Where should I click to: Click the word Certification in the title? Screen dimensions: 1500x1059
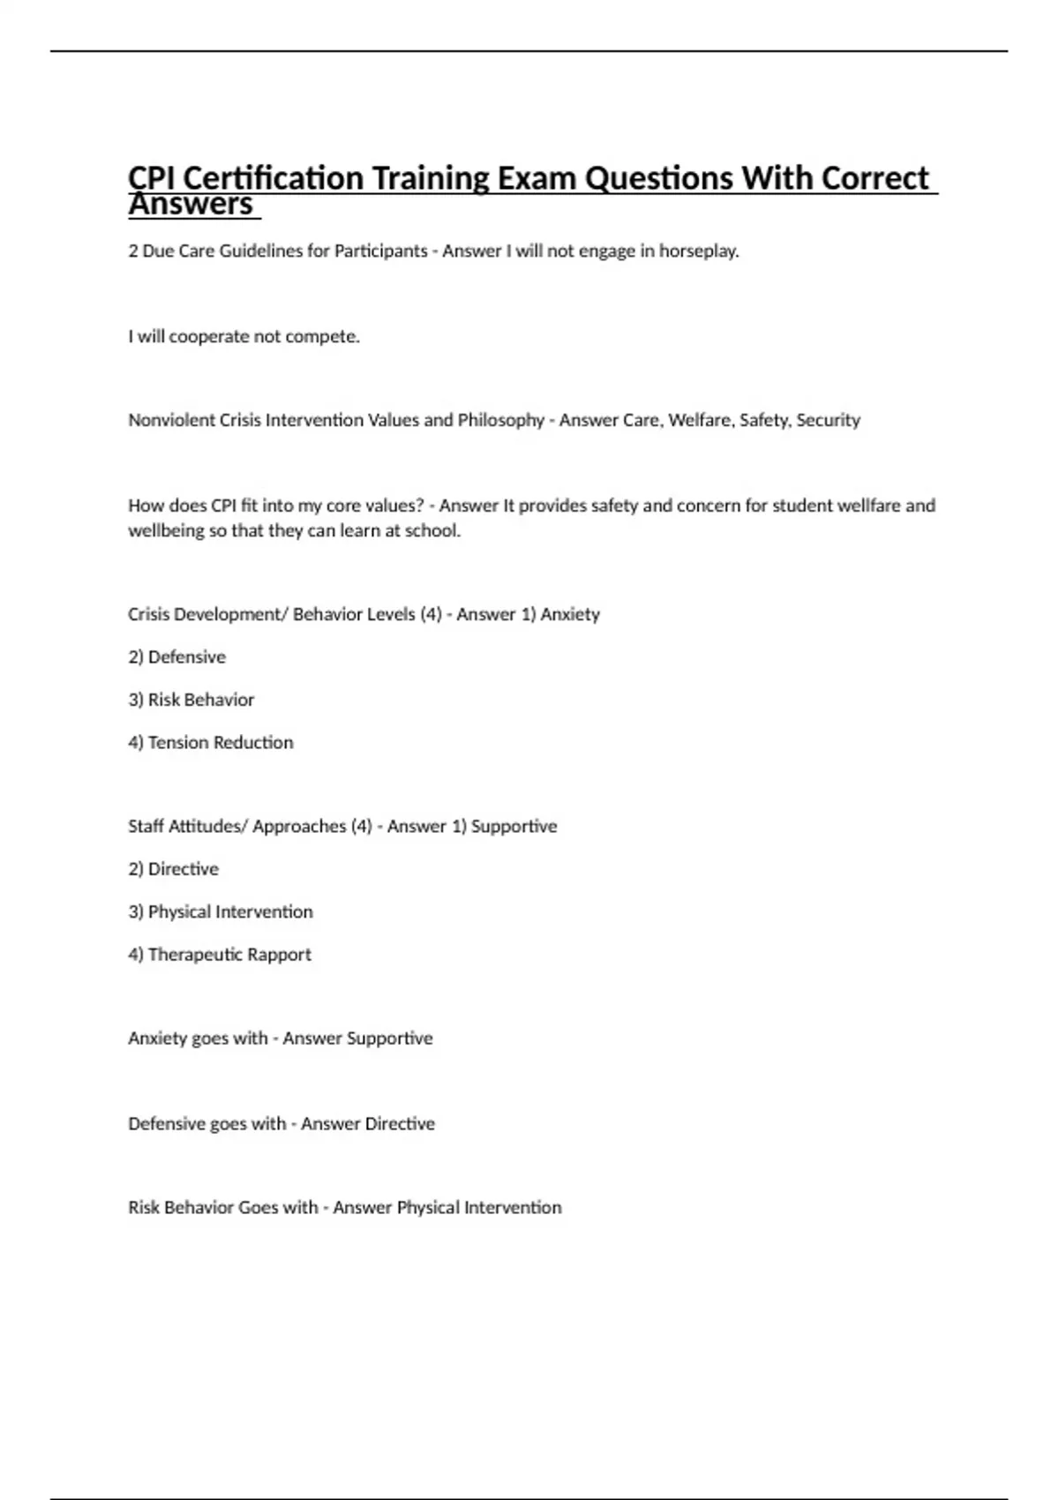[x=273, y=178]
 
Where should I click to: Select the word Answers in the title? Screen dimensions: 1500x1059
[x=191, y=205]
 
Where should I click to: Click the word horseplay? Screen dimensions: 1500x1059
[x=699, y=251]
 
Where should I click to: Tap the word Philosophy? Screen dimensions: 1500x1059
[x=500, y=421]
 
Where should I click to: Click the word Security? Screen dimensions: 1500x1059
[x=828, y=421]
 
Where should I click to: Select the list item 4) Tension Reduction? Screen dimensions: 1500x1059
[x=210, y=743]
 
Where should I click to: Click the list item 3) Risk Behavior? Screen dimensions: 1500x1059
[x=191, y=701]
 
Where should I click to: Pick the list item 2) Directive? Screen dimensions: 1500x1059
[x=173, y=869]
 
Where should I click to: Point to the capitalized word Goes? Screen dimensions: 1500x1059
[x=258, y=1208]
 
